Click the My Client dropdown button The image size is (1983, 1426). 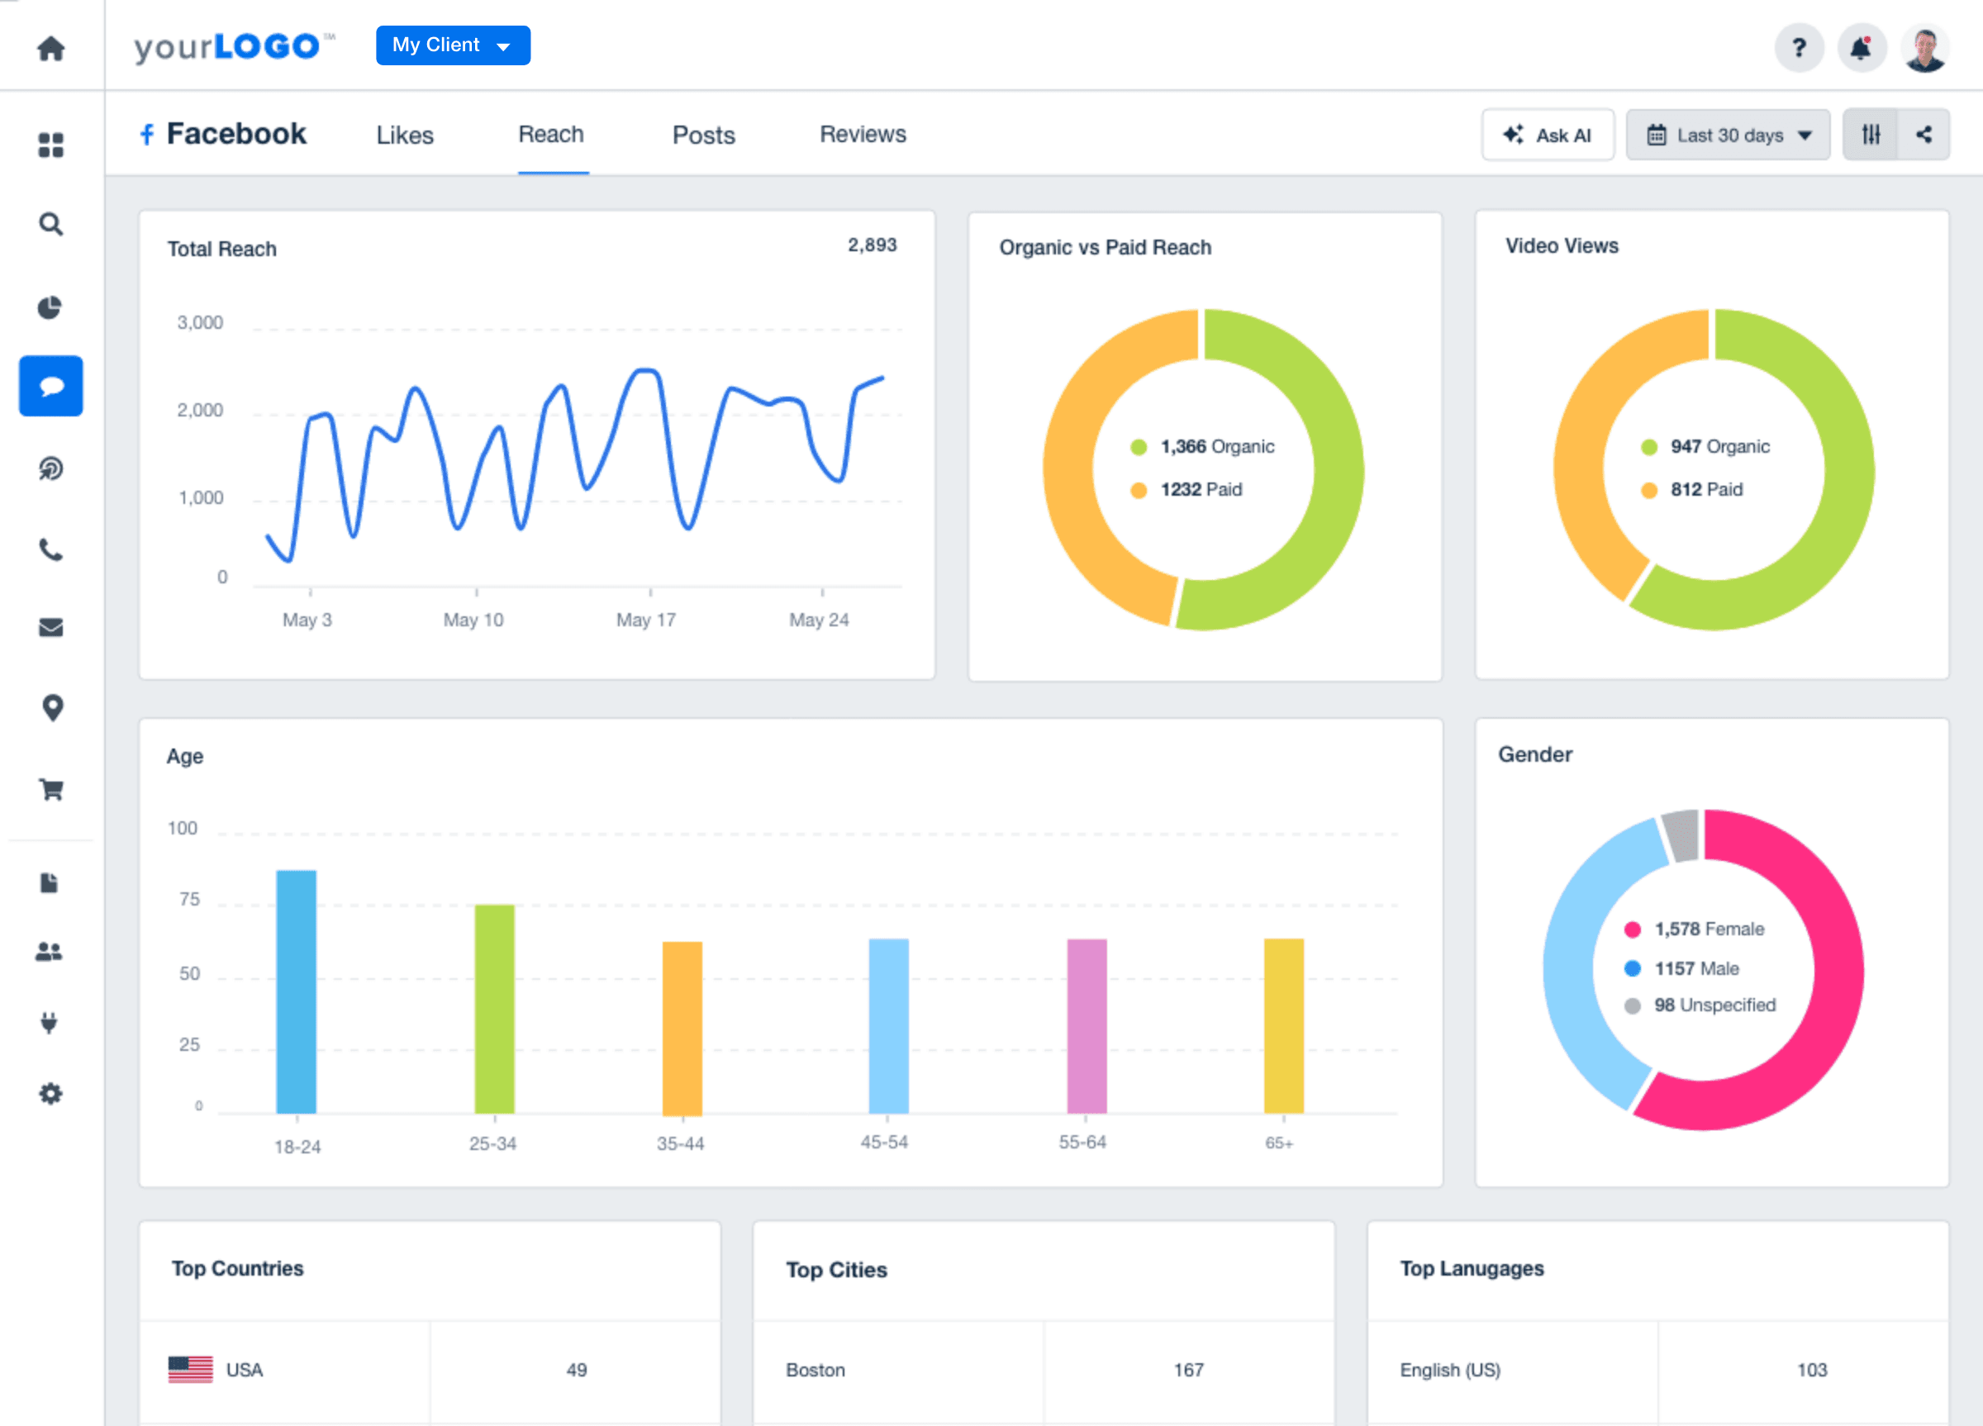coord(452,45)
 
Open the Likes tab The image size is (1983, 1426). coord(405,135)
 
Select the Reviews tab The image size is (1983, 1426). coord(862,135)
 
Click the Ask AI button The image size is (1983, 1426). coord(1547,135)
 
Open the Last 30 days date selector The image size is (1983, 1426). coord(1727,135)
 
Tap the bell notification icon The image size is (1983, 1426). coord(1861,48)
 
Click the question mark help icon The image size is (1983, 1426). coord(1799,48)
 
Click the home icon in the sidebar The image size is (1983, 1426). coord(50,48)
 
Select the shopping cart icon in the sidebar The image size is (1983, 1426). coord(50,790)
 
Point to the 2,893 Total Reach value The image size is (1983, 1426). coord(872,245)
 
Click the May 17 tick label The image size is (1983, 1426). coord(645,620)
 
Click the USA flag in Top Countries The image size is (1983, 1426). coord(190,1369)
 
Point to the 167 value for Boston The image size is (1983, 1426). coord(1188,1370)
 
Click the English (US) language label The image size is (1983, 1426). coord(1449,1370)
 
